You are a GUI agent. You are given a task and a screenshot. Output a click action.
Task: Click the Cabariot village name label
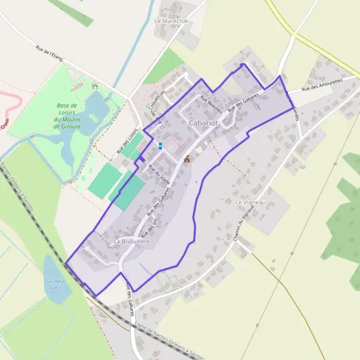(202, 123)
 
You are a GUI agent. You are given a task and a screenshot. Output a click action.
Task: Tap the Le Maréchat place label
(172, 21)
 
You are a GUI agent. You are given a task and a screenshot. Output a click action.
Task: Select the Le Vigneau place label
(250, 203)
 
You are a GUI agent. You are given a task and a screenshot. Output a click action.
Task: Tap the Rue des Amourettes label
(322, 85)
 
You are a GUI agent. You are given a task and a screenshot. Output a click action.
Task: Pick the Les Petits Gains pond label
(57, 284)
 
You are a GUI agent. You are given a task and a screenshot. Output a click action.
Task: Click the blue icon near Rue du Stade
(160, 145)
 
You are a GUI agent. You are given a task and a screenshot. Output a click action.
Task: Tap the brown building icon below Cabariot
(187, 158)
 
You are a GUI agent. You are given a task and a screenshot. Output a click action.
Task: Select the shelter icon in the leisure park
(95, 86)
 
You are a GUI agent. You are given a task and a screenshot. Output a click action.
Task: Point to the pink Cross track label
(5, 124)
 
